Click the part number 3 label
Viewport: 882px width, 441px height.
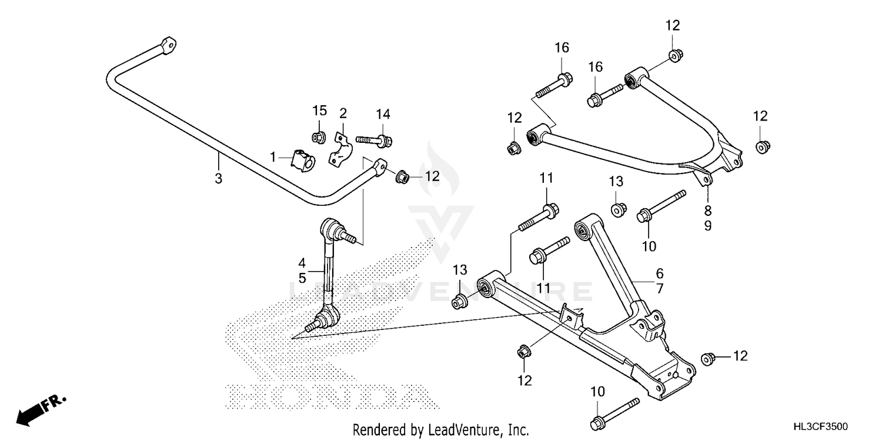[x=218, y=178]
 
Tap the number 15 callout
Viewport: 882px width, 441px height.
[x=319, y=111]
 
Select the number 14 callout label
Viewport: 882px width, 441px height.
[x=383, y=114]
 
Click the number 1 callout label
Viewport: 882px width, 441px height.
[x=273, y=156]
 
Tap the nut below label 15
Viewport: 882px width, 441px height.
[x=318, y=138]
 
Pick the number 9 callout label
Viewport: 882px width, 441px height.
[x=707, y=225]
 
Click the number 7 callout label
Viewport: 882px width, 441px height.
[x=659, y=289]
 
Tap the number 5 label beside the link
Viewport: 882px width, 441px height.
[x=302, y=278]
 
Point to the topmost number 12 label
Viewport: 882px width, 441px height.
[x=672, y=25]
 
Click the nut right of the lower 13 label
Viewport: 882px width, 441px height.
[x=459, y=303]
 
